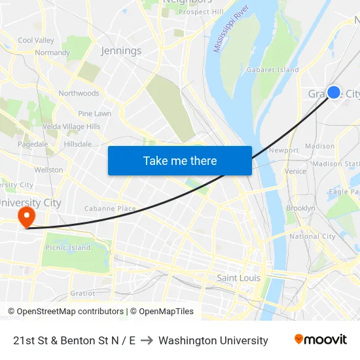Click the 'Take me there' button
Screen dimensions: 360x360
(179, 160)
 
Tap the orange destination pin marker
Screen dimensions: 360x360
(27, 216)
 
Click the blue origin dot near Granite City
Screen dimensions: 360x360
(333, 92)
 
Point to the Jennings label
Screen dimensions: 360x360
(121, 50)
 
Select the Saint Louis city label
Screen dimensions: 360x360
(238, 278)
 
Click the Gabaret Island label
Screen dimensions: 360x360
(272, 69)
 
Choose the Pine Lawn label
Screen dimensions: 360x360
(94, 113)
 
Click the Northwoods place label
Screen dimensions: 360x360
(79, 94)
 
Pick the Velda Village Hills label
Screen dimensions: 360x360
(71, 126)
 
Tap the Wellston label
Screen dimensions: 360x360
(49, 170)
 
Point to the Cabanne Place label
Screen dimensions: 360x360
(110, 209)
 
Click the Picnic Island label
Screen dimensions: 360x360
(68, 247)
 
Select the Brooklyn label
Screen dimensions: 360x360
(300, 208)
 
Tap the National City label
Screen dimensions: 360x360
(312, 236)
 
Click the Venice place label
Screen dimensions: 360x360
(295, 171)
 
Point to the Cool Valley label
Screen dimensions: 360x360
(36, 41)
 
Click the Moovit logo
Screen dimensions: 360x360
(320, 340)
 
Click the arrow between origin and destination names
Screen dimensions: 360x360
(147, 340)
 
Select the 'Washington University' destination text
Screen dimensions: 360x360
(213, 340)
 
